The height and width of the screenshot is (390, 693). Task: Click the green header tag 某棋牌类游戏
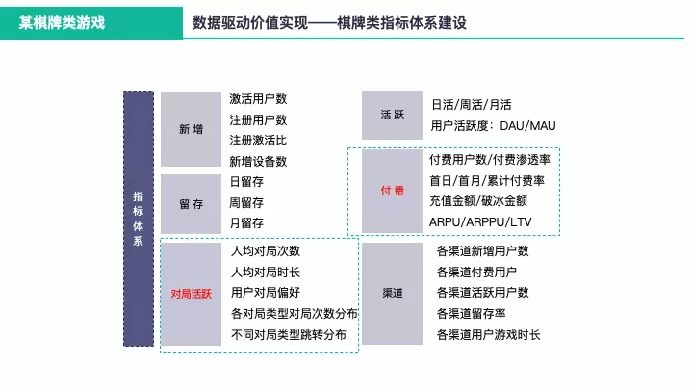[63, 21]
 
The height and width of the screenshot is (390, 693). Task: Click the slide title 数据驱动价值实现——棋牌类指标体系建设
[329, 21]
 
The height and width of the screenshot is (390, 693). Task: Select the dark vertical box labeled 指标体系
[138, 219]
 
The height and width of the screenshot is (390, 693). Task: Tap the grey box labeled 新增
[191, 130]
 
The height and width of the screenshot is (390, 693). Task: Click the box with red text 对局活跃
[191, 293]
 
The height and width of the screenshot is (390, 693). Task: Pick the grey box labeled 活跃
[392, 115]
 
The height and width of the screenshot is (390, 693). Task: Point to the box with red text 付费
[392, 191]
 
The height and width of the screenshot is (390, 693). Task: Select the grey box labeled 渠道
[392, 292]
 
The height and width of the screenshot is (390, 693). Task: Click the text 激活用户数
[258, 99]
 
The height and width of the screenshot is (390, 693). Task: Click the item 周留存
[246, 202]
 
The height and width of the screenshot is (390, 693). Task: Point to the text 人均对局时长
[266, 272]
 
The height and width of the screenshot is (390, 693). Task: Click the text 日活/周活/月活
[471, 105]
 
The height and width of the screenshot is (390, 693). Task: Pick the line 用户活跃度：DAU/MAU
[493, 126]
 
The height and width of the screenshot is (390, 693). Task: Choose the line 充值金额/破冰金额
[478, 201]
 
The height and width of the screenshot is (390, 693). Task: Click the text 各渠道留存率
[471, 313]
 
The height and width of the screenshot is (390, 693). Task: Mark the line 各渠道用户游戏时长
[488, 334]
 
